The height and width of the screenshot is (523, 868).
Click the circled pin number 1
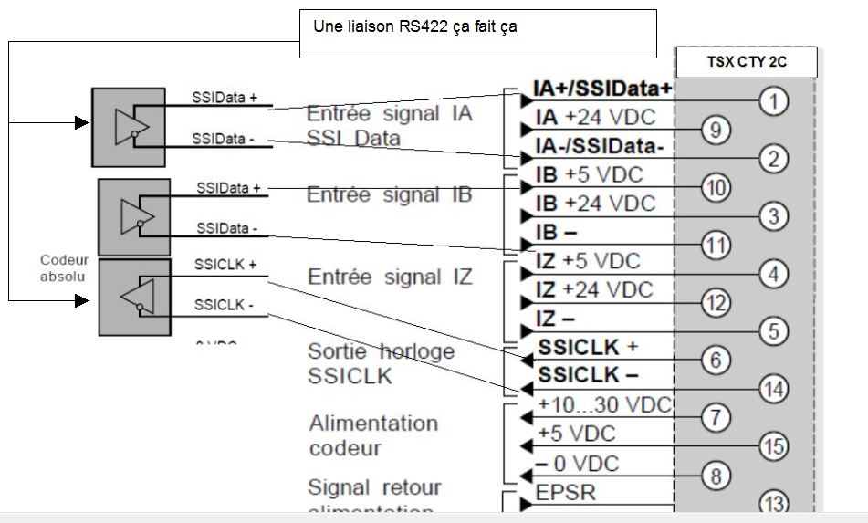click(773, 101)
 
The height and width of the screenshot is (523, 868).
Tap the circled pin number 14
click(773, 388)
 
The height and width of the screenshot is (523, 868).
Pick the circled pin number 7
click(713, 418)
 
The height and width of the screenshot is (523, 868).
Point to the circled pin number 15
click(773, 446)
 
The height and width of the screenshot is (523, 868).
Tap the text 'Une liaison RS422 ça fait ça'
click(415, 26)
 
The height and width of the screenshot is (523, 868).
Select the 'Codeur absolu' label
click(65, 267)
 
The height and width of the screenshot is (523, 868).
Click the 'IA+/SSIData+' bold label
click(603, 88)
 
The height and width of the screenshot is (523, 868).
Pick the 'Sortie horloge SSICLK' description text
click(381, 363)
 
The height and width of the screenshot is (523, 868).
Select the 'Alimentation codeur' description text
click(372, 435)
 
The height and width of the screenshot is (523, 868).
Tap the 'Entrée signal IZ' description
click(390, 277)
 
